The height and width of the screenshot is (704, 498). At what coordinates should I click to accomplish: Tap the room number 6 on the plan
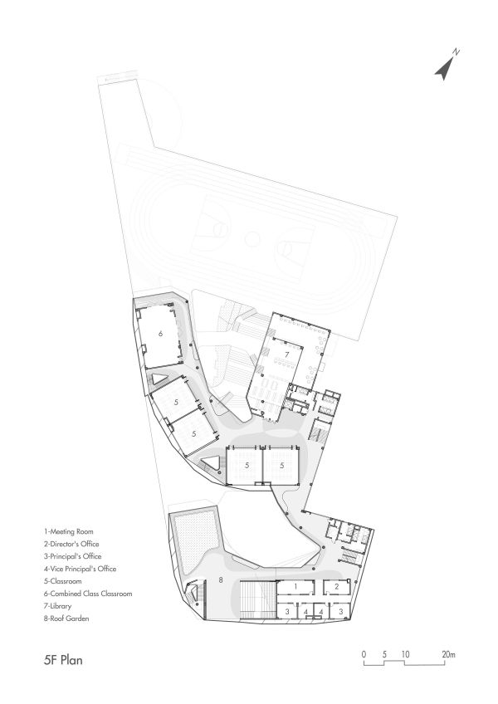point(161,333)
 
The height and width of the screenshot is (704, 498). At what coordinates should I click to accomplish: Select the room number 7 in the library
point(287,354)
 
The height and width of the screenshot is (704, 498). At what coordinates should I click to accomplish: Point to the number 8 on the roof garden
point(221,579)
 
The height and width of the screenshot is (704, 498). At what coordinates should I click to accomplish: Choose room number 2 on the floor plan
point(336,587)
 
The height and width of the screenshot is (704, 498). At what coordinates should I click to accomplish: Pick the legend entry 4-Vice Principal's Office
point(81,569)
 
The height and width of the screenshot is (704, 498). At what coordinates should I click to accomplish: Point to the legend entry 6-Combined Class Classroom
point(88,594)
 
